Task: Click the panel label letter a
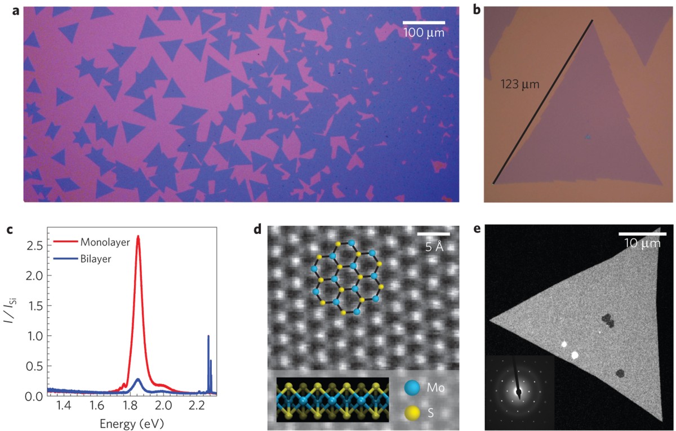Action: tap(15, 11)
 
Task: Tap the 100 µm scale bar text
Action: tap(424, 33)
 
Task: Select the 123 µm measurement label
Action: tap(520, 85)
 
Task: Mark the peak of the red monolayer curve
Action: tap(138, 237)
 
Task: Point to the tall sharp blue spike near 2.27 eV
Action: tap(208, 336)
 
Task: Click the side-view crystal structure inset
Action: tap(332, 399)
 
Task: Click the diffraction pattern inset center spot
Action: tap(519, 392)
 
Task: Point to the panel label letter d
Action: tap(257, 230)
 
